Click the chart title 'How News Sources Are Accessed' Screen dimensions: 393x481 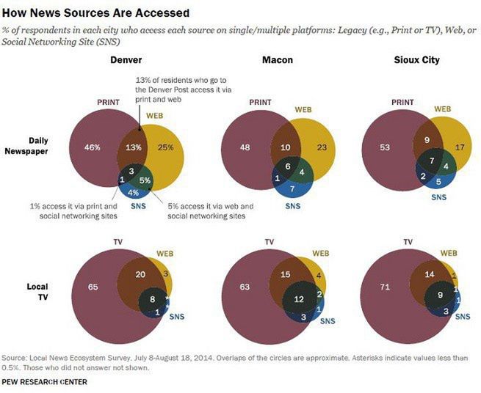[95, 12]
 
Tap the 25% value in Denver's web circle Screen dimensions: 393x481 [165, 147]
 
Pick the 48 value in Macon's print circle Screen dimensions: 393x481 [244, 147]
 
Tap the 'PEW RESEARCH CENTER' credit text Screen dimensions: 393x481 [46, 381]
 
